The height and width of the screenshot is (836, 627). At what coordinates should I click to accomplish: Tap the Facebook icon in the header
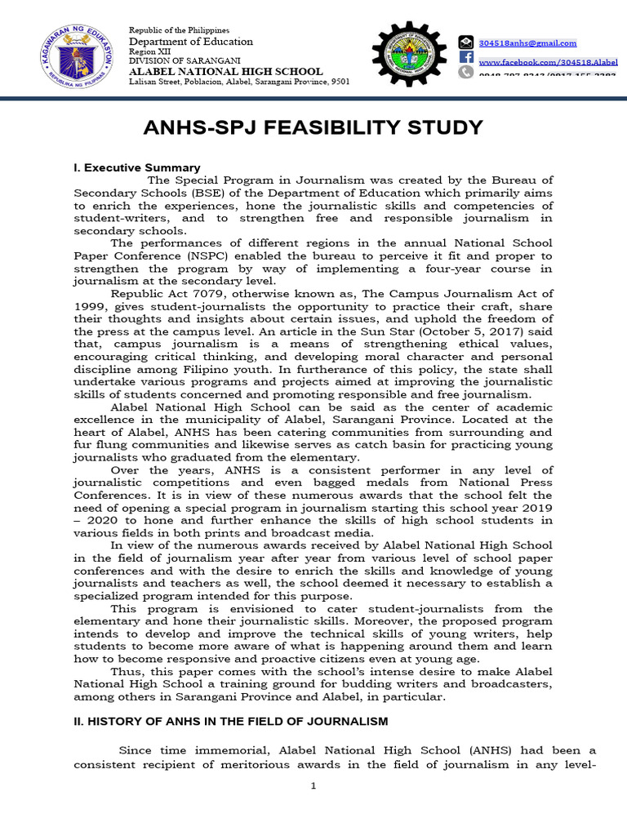(x=465, y=57)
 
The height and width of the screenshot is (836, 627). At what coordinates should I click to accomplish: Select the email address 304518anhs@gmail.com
(x=527, y=43)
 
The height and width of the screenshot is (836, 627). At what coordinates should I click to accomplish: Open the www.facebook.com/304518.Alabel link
(x=548, y=62)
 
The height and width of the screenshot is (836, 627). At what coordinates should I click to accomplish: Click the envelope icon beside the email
(x=465, y=42)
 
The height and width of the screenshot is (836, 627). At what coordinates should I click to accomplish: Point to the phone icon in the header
(x=465, y=72)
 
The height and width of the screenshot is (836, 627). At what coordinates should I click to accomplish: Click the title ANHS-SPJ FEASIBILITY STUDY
(x=313, y=128)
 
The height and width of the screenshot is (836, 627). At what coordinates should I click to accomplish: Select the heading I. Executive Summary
(x=136, y=167)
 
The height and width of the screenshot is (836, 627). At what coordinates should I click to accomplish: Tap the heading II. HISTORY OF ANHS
(x=231, y=721)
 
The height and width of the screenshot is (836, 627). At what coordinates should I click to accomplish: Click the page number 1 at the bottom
(x=313, y=785)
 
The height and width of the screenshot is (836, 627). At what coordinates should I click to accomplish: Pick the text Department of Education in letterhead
(x=191, y=42)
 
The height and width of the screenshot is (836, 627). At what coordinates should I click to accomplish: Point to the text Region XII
(x=149, y=51)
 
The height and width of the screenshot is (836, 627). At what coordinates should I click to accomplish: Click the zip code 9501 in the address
(x=341, y=82)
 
